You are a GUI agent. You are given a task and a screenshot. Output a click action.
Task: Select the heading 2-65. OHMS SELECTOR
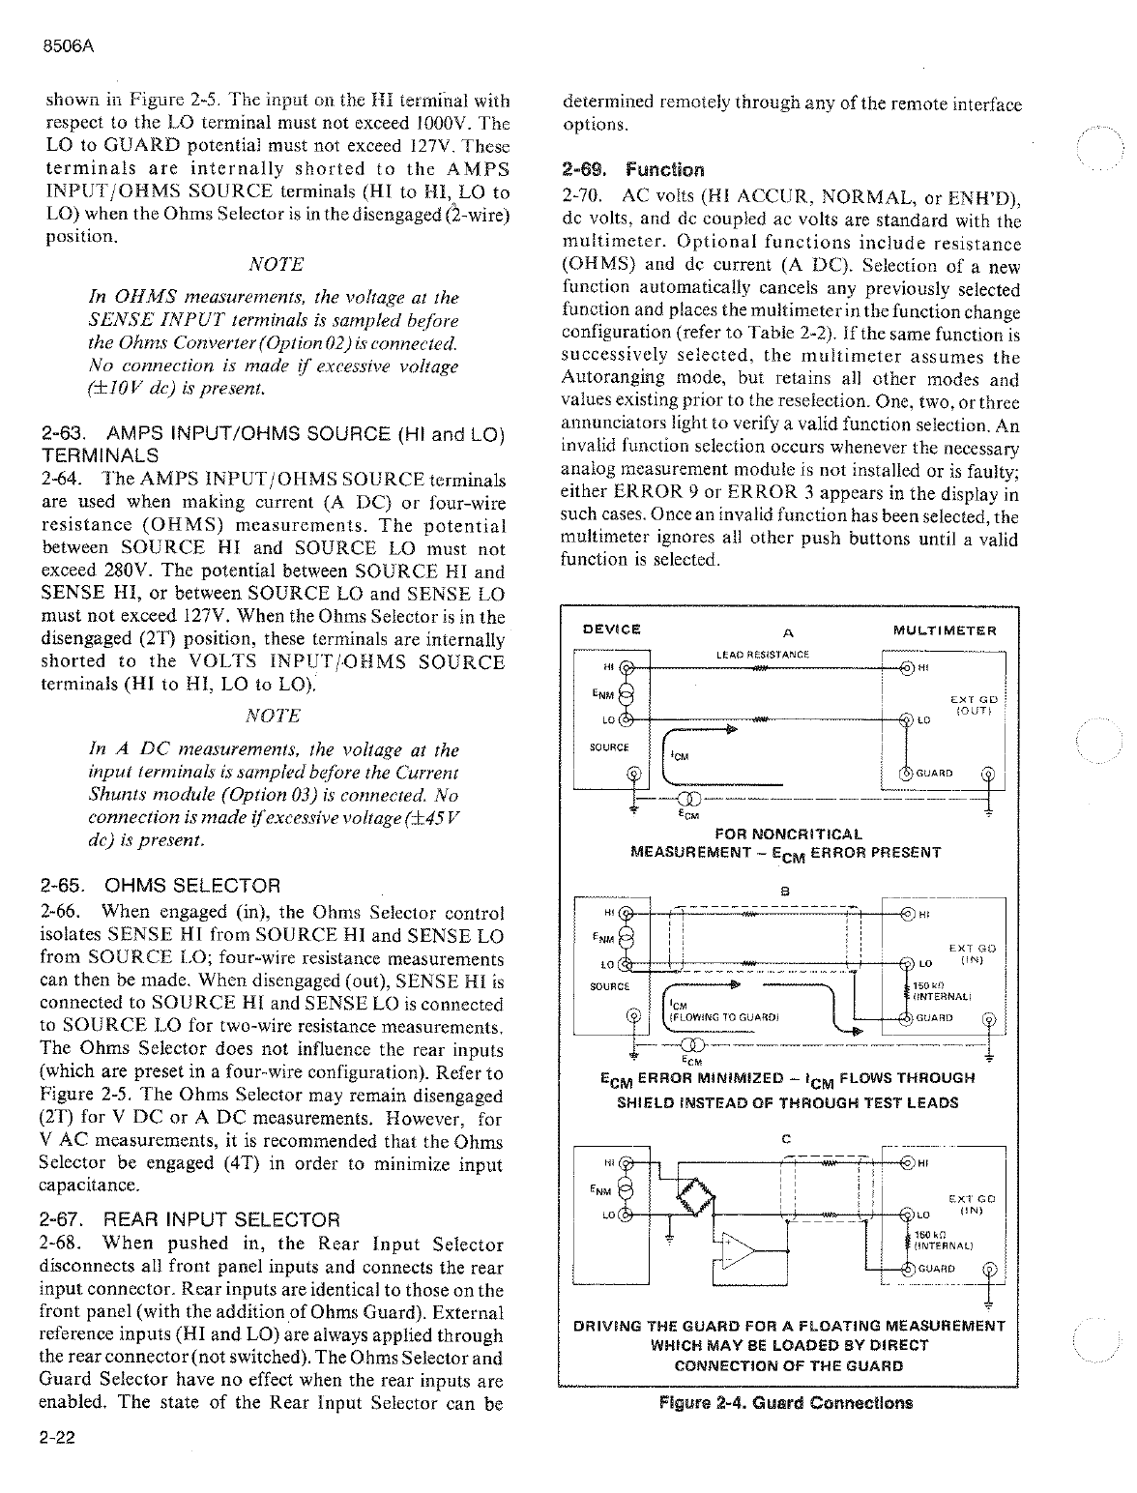click(160, 885)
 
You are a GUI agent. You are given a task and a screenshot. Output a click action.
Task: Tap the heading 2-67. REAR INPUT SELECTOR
click(190, 1219)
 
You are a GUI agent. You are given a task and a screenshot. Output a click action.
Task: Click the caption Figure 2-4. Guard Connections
click(785, 1402)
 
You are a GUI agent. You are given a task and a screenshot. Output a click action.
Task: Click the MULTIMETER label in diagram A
click(945, 630)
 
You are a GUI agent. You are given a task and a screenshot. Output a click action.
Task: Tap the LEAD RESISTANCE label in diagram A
click(762, 655)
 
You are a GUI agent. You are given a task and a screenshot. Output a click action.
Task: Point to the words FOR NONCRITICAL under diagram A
click(788, 834)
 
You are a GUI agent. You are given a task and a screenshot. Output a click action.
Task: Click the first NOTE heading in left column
click(276, 264)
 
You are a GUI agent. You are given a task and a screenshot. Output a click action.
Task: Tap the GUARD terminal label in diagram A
click(933, 773)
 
